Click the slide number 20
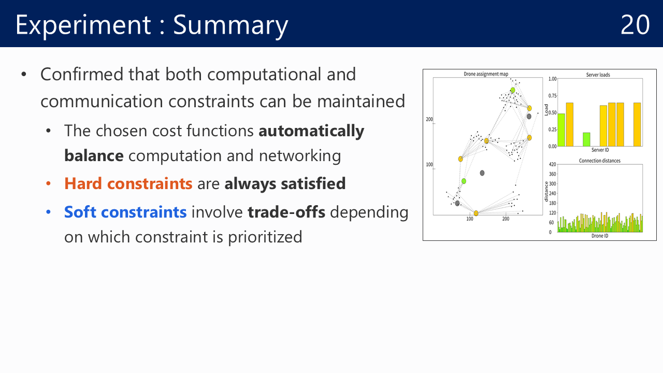635,24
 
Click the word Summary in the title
230,26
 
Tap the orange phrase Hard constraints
128,183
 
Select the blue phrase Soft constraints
125,212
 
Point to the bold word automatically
311,131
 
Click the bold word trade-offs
286,212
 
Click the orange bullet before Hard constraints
49,184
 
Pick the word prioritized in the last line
265,237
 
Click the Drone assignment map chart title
486,74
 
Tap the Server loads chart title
598,75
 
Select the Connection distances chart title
600,161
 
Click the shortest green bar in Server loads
586,139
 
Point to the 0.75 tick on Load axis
552,96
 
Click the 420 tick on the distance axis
552,164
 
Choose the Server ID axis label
600,150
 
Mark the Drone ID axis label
600,236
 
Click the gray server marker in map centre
482,173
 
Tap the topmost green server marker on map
513,90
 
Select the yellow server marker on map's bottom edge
476,213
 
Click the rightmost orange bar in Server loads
637,125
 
